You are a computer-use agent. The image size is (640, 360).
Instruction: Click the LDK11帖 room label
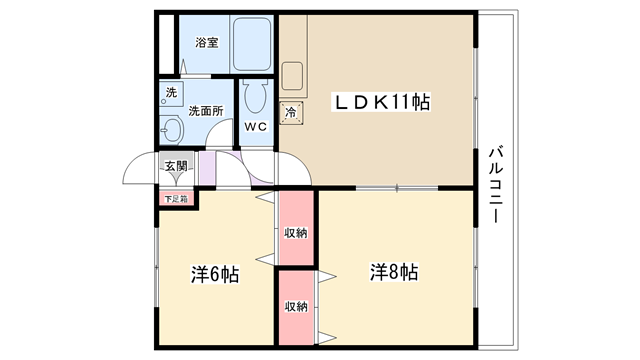tap(382, 102)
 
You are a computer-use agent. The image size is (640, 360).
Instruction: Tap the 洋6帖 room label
tap(215, 274)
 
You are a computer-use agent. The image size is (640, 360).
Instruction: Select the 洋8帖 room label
tap(394, 272)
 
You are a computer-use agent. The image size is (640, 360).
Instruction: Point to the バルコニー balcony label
tap(496, 184)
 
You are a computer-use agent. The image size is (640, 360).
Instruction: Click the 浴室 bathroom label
tap(207, 42)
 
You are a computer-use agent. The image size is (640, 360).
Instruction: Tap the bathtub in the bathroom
tap(252, 44)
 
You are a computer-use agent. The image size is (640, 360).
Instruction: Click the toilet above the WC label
tap(256, 96)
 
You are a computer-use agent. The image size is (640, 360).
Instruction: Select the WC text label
tap(256, 127)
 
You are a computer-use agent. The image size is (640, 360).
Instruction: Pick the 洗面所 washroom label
tap(206, 111)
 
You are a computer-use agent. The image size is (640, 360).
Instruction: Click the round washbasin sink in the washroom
tap(172, 129)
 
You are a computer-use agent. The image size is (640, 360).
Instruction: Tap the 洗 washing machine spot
tap(171, 93)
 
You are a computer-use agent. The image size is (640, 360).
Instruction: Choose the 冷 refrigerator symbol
tap(291, 113)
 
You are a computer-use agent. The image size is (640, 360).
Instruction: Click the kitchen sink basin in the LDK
tap(292, 76)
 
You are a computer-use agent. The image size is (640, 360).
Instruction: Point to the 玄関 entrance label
tap(176, 166)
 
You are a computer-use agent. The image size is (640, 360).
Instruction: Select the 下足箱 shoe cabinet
tap(176, 199)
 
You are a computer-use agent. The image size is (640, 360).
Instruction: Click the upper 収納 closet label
tap(296, 233)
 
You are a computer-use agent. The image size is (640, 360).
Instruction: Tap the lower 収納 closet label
tap(296, 306)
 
